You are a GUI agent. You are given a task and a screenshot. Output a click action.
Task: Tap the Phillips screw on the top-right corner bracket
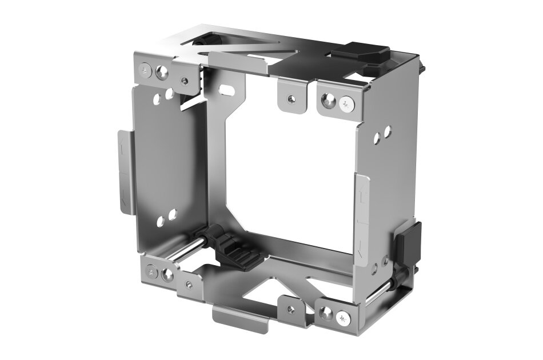coord(346,105)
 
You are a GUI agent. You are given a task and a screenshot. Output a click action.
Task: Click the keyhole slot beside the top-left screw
coord(163,72)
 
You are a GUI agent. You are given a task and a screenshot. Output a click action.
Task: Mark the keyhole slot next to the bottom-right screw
coord(327,313)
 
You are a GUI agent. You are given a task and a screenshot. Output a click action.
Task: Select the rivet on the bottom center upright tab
coord(292,310)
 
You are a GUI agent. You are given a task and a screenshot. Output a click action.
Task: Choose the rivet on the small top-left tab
coord(184,81)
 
